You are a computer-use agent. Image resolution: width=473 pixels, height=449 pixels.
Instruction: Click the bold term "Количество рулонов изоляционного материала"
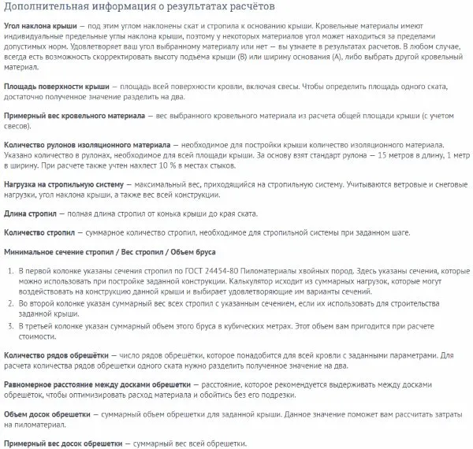click(83, 146)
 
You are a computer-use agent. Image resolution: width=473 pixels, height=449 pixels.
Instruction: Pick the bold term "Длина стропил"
click(32, 214)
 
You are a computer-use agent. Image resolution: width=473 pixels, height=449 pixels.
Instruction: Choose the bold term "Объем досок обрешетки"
click(47, 416)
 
